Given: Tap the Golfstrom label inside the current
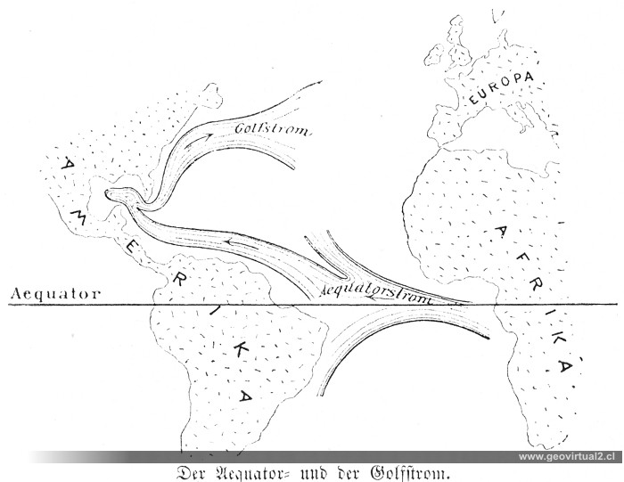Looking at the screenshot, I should click(272, 130).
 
